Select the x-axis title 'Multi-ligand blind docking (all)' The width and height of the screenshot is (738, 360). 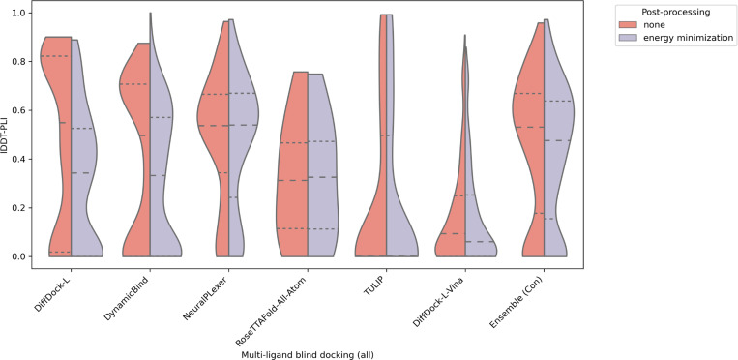307,353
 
